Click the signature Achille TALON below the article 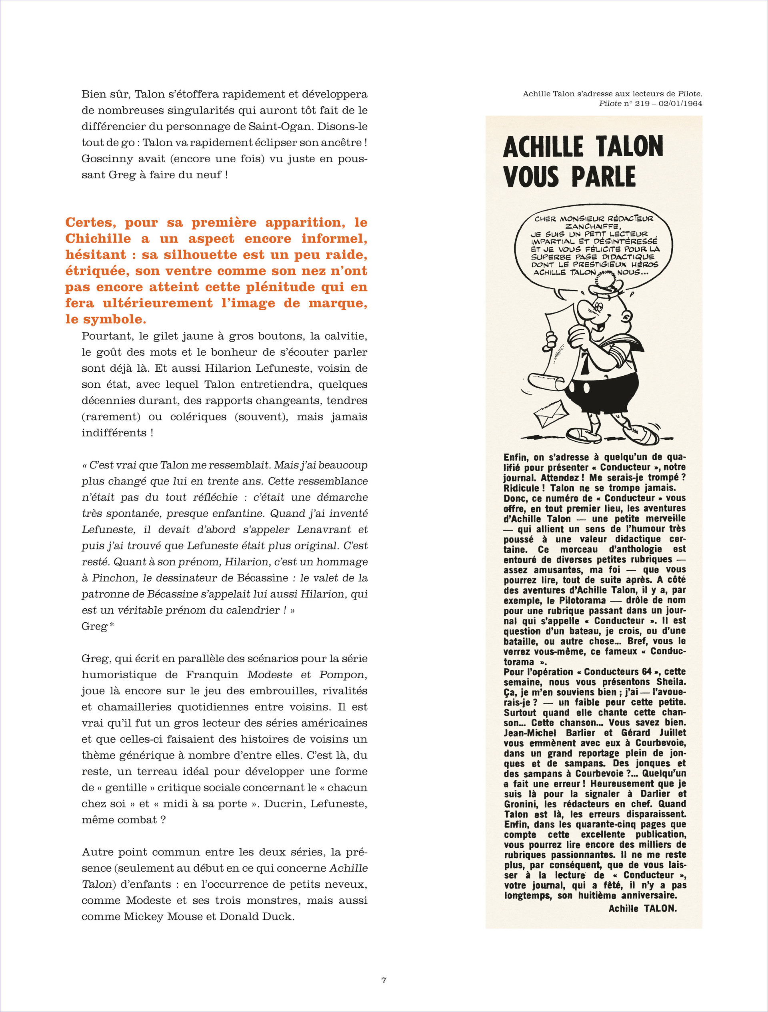point(642,908)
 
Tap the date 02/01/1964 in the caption point(680,104)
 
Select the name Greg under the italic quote point(94,626)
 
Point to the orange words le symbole point(105,319)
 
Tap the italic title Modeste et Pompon point(307,674)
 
